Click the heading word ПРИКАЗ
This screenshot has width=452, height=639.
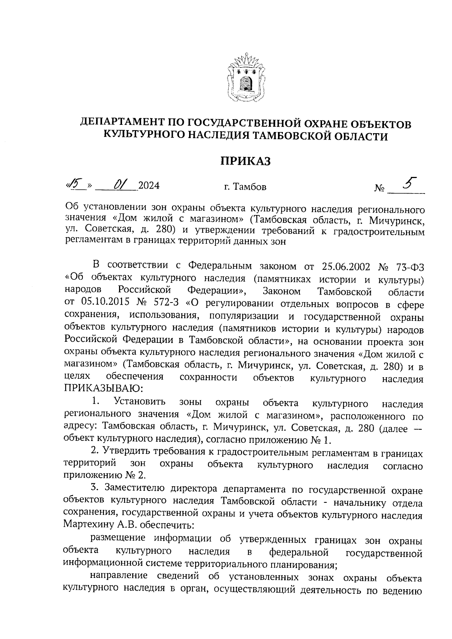(x=246, y=161)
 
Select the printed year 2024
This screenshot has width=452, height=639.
(x=149, y=186)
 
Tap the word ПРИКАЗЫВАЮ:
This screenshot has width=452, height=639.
(x=104, y=388)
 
